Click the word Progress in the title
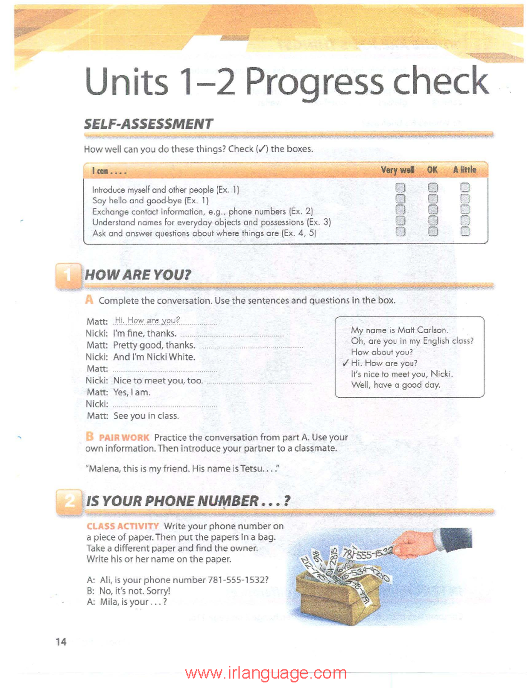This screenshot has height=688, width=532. [x=315, y=82]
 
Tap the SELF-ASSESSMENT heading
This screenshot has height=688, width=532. [x=149, y=124]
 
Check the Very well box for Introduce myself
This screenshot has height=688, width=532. [x=400, y=188]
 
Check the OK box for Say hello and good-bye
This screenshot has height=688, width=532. [x=433, y=198]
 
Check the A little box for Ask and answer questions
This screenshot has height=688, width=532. [x=465, y=231]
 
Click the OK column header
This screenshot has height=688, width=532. [x=432, y=170]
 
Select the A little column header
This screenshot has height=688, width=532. [x=465, y=170]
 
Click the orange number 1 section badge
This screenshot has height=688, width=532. [x=68, y=276]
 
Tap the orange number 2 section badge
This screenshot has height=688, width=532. [x=69, y=502]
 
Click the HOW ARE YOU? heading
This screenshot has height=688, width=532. [x=138, y=275]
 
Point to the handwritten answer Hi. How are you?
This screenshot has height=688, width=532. [x=147, y=320]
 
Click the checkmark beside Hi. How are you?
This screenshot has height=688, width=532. [x=345, y=363]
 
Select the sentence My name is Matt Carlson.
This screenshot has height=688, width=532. [x=399, y=330]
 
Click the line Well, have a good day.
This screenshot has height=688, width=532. [x=395, y=385]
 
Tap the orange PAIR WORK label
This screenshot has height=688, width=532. [x=124, y=438]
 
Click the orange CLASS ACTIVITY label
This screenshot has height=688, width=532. [x=123, y=526]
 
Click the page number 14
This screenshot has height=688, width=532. [x=61, y=641]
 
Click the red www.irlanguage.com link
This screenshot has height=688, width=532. [x=266, y=673]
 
